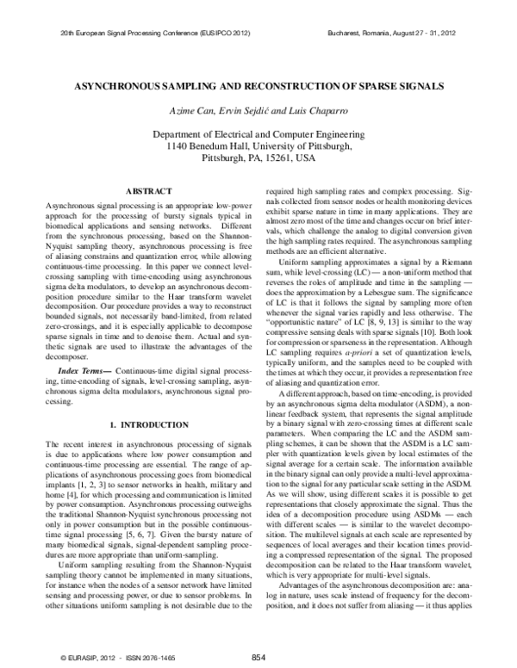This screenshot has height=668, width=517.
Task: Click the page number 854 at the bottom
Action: (258, 657)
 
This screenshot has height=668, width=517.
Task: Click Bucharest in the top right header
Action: (349, 32)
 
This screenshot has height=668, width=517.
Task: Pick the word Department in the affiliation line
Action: (184, 134)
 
